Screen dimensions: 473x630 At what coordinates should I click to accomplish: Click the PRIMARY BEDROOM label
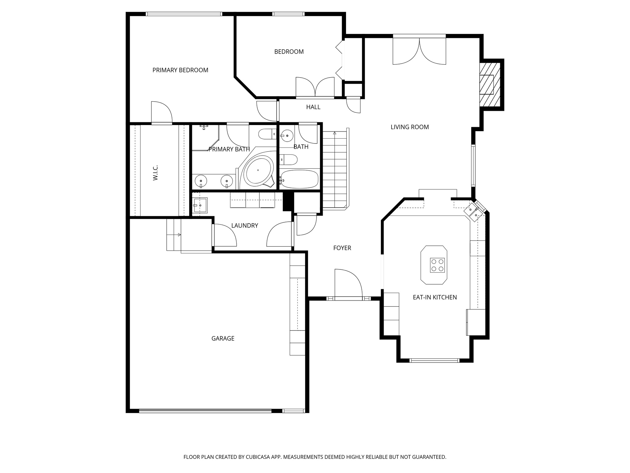[180, 70]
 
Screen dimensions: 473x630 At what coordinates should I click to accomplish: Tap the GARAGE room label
[223, 338]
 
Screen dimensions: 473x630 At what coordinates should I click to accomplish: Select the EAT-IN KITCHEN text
[435, 297]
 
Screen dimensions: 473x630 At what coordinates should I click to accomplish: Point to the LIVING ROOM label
[409, 127]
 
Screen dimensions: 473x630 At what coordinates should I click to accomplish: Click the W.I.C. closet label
[155, 172]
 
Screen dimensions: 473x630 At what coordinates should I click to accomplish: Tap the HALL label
[313, 107]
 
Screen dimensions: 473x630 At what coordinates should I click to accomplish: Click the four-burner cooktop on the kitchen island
[437, 265]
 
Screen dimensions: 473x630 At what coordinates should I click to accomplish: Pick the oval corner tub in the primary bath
[258, 170]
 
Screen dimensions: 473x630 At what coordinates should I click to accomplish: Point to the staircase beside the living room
[335, 169]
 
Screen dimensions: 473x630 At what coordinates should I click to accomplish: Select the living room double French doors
[419, 51]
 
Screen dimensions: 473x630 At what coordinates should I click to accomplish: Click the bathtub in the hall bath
[299, 179]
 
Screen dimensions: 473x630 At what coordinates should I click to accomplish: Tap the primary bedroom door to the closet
[161, 113]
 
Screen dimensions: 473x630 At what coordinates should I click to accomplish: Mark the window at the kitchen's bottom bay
[434, 360]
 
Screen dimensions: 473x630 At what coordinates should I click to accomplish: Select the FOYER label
[342, 248]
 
